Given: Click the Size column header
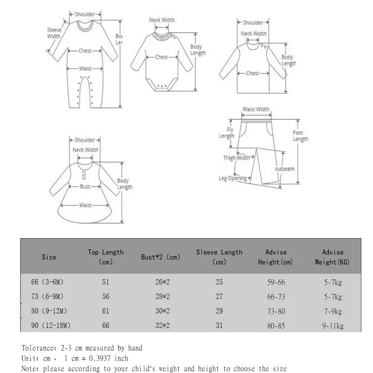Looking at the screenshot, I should [48, 257].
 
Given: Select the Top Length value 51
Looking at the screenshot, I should [106, 282].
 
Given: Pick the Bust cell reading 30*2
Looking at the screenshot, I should [162, 311].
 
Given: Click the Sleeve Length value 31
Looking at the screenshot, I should [219, 325].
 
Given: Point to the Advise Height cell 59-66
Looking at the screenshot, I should [276, 282].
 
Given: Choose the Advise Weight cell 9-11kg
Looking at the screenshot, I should [332, 326].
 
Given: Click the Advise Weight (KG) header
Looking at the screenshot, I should [332, 257].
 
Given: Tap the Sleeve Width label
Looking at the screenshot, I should [54, 33].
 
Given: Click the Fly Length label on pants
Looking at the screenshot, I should [227, 133].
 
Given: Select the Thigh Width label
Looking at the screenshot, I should [236, 158].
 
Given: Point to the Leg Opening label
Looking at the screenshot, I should [233, 178].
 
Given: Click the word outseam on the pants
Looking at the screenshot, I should [285, 169].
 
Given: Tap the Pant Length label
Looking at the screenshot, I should [300, 136].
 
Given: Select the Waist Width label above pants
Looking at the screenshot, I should [256, 110].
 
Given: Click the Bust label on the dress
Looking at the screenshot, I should [85, 186].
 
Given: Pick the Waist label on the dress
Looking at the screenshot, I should [85, 205].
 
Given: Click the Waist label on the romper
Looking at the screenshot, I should [85, 69].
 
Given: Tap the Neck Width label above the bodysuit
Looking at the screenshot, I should [162, 20].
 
